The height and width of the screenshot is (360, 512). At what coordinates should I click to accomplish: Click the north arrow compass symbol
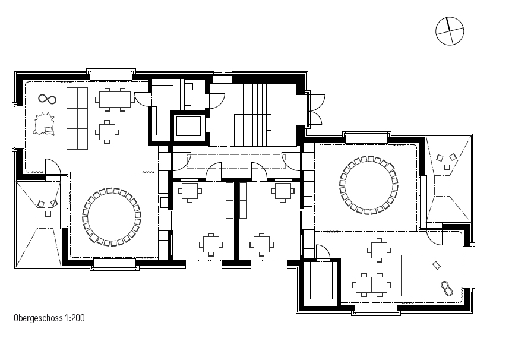450,31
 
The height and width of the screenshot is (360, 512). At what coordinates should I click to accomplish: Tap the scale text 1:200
75,318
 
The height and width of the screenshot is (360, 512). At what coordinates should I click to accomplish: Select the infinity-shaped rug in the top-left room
48,99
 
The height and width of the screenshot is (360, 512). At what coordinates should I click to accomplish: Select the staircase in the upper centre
254,114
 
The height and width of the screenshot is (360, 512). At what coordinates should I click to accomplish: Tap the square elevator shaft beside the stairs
188,126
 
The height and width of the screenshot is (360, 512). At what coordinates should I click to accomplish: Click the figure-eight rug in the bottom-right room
447,289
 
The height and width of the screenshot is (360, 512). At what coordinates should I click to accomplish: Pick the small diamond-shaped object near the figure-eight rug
436,266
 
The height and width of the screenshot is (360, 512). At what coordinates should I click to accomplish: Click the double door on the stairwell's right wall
316,109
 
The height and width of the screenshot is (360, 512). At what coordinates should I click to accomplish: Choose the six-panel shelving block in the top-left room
77,118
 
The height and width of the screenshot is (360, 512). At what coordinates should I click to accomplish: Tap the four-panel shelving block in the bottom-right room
412,276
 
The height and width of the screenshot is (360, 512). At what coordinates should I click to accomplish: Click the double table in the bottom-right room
372,285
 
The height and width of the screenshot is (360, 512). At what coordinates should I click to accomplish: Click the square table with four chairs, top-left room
107,132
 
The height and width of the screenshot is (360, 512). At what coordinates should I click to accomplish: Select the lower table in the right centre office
261,244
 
